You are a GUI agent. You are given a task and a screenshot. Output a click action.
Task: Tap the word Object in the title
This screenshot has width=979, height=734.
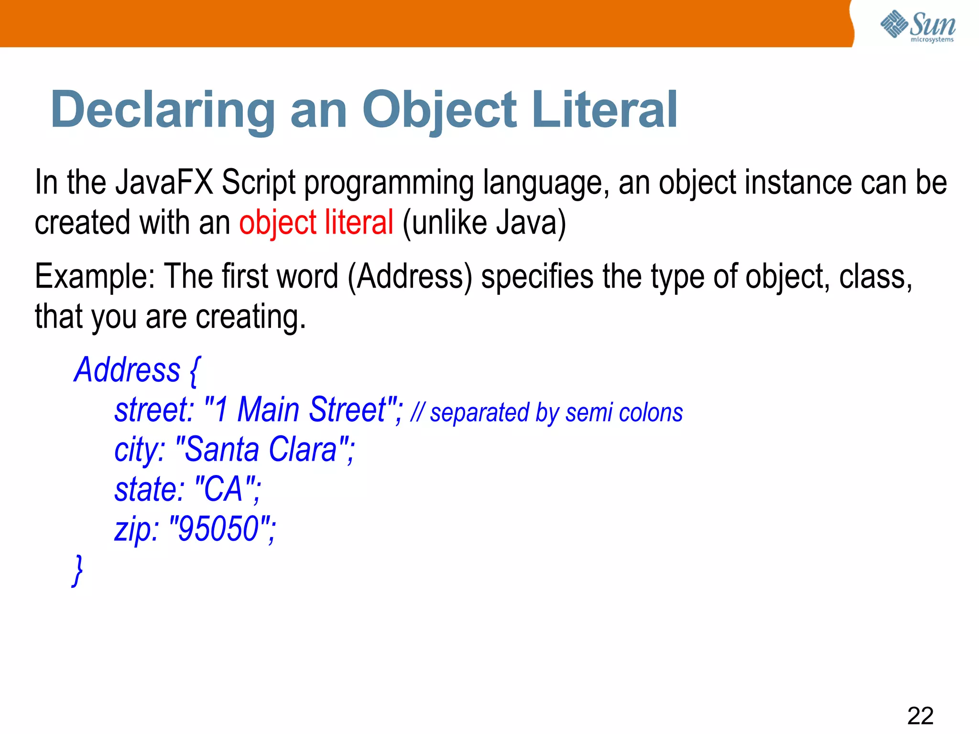coord(439,111)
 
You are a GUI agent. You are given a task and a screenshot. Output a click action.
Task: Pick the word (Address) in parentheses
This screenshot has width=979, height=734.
coord(410,277)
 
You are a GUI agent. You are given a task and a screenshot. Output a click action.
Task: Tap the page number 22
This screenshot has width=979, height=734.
coord(920,716)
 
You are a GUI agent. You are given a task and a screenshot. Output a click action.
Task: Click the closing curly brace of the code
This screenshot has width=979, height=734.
coord(77,570)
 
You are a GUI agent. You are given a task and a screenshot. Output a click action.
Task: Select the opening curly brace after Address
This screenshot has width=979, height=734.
coord(195,370)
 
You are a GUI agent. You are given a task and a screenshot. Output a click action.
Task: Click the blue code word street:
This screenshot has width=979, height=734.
coord(154,410)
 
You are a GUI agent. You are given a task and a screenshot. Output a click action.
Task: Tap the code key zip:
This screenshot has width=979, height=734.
coord(136,529)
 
